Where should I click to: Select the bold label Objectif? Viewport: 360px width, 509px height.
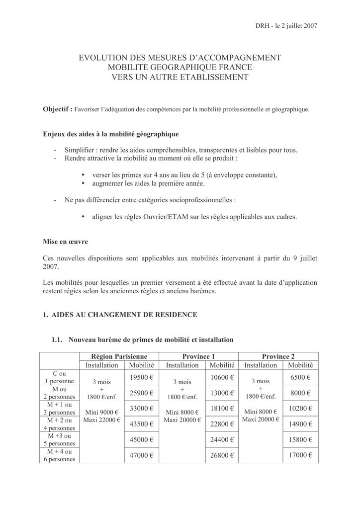[58, 109]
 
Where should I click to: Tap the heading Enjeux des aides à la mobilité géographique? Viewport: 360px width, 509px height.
[111, 134]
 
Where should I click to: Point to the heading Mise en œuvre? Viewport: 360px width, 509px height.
[66, 242]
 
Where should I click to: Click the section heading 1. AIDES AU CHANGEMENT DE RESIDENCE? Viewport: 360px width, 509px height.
[120, 315]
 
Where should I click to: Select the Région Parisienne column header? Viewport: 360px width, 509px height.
[119, 356]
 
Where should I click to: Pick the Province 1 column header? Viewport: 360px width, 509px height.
[198, 356]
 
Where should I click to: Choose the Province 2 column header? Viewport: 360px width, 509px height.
[278, 356]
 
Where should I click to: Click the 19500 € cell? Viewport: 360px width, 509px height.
[141, 378]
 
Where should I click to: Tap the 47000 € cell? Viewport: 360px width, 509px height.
[141, 455]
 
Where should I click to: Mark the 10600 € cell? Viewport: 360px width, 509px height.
[222, 378]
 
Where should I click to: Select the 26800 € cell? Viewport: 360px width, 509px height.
[222, 455]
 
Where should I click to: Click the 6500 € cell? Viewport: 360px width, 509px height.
[300, 378]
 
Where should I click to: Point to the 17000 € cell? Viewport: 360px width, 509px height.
[300, 455]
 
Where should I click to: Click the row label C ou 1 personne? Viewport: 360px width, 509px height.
[59, 378]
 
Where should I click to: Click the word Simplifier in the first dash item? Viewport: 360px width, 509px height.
[80, 150]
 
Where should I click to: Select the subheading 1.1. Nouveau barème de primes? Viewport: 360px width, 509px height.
[142, 339]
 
